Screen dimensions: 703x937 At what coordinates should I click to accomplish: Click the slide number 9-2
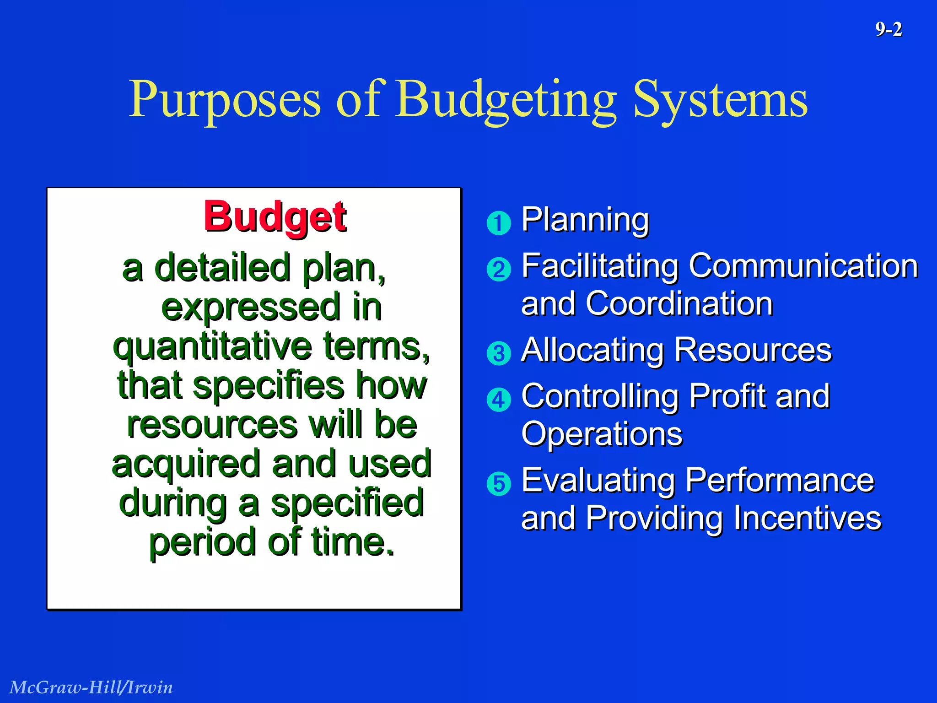(888, 30)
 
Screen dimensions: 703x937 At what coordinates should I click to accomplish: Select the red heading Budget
(275, 216)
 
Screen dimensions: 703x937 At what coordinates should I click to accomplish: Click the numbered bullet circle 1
(499, 223)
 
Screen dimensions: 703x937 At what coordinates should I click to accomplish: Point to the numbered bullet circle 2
(499, 269)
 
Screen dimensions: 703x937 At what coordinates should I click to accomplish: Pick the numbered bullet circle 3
(499, 353)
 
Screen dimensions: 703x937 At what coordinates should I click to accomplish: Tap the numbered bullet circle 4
(499, 400)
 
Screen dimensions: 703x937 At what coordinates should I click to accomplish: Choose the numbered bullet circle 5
(499, 484)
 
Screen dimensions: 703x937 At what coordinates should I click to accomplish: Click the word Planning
(585, 220)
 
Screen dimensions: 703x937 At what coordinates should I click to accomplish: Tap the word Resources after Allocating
(753, 350)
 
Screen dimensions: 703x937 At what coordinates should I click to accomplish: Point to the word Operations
(602, 434)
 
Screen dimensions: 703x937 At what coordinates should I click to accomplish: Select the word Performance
(780, 481)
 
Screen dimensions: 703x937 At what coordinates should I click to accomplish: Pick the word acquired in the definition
(186, 464)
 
